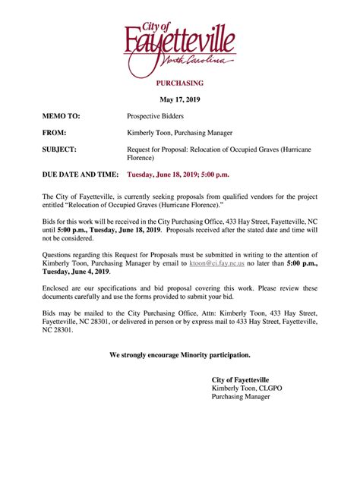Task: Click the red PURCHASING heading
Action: click(180, 83)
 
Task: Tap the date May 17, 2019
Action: click(180, 99)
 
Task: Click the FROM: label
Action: click(54, 133)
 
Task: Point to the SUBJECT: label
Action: click(59, 149)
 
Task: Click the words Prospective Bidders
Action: click(159, 116)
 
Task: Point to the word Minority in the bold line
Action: click(195, 354)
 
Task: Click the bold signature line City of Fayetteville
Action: click(240, 379)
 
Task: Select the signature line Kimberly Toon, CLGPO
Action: click(245, 388)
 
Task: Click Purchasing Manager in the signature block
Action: click(241, 397)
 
